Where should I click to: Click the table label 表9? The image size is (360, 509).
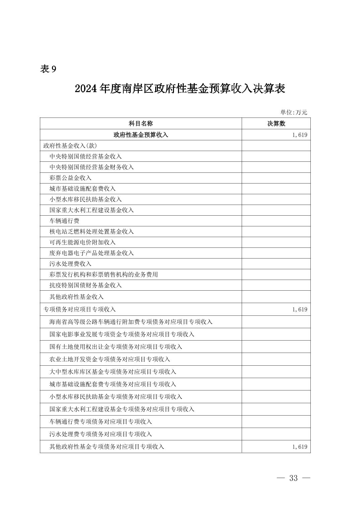click(x=48, y=69)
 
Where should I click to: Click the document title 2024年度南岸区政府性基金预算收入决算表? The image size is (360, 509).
click(x=180, y=89)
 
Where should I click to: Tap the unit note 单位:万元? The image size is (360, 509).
click(x=294, y=113)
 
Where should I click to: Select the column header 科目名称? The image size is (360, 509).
click(x=141, y=124)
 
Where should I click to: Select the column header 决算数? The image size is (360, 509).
click(x=276, y=124)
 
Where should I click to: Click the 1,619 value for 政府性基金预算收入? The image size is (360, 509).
click(x=299, y=135)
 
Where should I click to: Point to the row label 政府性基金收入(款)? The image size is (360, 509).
click(x=70, y=146)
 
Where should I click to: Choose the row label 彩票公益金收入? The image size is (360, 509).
click(x=70, y=178)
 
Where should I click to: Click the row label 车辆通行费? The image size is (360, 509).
click(x=64, y=221)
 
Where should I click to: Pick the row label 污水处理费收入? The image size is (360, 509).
click(x=70, y=264)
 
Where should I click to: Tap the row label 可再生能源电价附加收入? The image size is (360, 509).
click(x=82, y=242)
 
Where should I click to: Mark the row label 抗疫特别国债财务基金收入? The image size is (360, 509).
click(x=85, y=285)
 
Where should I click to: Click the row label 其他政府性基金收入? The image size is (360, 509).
click(x=76, y=297)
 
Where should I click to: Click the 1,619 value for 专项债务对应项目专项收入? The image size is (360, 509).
click(x=299, y=309)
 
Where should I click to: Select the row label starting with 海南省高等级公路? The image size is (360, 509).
click(x=131, y=322)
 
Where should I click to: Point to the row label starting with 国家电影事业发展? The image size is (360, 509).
click(x=122, y=334)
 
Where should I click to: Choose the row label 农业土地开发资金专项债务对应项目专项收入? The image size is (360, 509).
click(x=110, y=359)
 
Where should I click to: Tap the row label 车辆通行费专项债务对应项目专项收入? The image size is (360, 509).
click(x=101, y=422)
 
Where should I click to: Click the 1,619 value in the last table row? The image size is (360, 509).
click(x=299, y=447)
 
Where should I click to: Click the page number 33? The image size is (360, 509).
click(x=293, y=478)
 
